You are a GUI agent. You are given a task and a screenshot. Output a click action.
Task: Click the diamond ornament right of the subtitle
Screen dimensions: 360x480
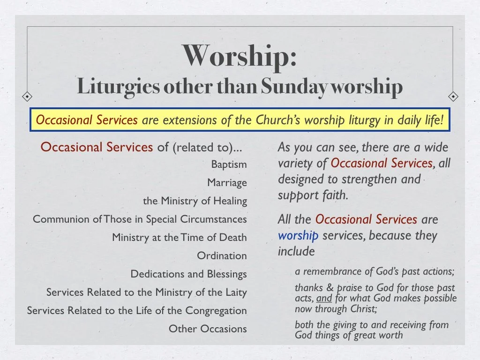click(x=453, y=97)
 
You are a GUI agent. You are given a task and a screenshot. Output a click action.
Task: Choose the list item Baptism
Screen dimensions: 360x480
click(x=229, y=165)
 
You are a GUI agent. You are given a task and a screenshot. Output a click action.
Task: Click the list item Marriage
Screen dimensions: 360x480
click(x=227, y=183)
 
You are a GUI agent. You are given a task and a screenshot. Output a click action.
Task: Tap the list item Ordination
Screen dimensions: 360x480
click(x=222, y=256)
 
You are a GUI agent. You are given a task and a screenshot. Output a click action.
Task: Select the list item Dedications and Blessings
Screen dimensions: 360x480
click(x=188, y=274)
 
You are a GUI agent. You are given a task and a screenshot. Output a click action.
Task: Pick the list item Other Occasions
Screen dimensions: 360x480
click(x=208, y=329)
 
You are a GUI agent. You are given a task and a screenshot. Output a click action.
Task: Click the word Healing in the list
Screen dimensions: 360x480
click(x=230, y=201)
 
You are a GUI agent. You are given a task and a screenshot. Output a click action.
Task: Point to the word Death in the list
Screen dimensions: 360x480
click(x=234, y=238)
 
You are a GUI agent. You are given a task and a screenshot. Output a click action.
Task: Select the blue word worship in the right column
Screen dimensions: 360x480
click(x=298, y=235)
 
